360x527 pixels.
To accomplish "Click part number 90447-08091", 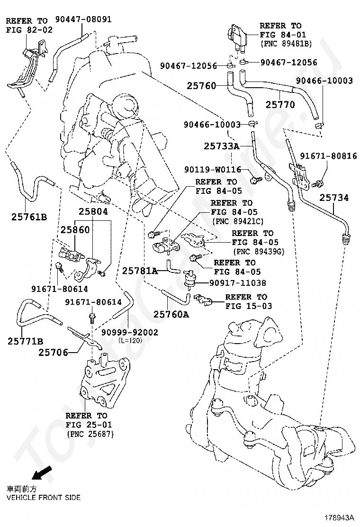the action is [83, 19].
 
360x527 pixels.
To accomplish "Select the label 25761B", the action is [29, 217].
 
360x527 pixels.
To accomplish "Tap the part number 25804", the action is [93, 212].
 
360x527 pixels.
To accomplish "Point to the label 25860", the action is [75, 230].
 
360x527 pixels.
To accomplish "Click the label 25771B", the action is [26, 342].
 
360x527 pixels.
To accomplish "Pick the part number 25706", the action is [54, 353].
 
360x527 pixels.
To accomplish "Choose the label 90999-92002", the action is [130, 332].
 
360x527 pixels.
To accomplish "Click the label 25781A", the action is [140, 271].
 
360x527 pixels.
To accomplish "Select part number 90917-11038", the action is [238, 283].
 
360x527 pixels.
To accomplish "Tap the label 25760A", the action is [171, 315].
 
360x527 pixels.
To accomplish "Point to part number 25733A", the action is [222, 146].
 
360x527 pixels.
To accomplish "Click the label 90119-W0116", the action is [213, 170].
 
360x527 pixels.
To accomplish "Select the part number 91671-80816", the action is [328, 156].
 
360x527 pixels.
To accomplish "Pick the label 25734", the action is [334, 198].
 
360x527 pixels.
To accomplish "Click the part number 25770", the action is [280, 105].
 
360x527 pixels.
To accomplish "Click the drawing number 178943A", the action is [339, 517].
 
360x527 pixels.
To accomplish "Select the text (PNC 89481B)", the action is [286, 44].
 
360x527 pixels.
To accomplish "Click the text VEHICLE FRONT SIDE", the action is [44, 498].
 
